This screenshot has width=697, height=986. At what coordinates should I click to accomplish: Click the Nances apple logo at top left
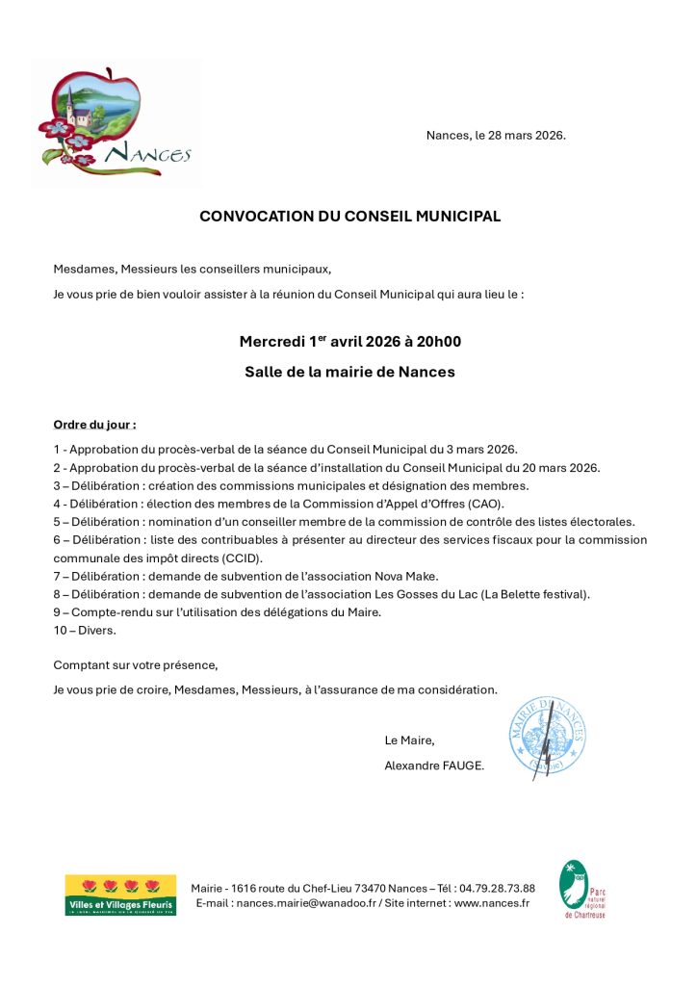coord(116,122)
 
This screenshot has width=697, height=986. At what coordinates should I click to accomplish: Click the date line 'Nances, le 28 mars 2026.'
coord(496,135)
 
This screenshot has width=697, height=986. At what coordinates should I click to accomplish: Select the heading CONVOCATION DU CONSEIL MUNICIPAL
coord(349,217)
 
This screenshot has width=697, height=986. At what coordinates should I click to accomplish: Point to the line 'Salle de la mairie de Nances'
coord(349,372)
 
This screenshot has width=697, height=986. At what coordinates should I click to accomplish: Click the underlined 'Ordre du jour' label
coord(94,424)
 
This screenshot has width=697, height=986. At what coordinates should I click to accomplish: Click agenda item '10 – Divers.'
coord(85,630)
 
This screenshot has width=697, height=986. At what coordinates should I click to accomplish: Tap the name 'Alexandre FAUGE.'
coord(434,765)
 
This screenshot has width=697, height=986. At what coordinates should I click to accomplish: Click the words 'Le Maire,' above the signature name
coord(409,740)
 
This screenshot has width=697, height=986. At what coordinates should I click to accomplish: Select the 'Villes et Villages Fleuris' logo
coord(120,895)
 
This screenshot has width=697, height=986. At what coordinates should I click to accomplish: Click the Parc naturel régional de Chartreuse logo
coord(581,890)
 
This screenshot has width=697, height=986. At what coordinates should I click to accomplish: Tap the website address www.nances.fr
coord(491,903)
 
